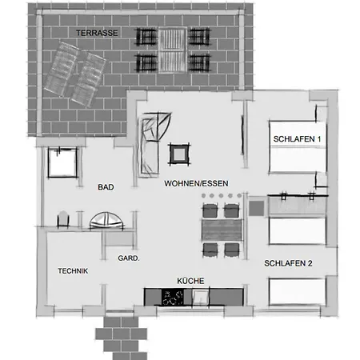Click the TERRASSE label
point(97,33)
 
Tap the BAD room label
point(106,187)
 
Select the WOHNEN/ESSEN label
point(196,183)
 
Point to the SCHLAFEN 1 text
point(297,139)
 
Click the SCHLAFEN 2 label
point(288,263)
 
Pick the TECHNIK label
point(73,271)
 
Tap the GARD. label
point(129,258)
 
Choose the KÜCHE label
point(190,281)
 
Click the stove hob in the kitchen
point(173,297)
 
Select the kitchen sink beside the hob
point(200,297)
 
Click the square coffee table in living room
point(179,154)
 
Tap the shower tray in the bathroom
point(62,162)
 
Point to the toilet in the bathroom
point(63,219)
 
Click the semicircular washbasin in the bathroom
point(107,220)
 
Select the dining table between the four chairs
point(222,230)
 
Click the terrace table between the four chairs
point(173,50)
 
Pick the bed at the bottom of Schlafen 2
point(297,291)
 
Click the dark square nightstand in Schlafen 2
point(257,208)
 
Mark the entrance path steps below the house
point(122,336)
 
